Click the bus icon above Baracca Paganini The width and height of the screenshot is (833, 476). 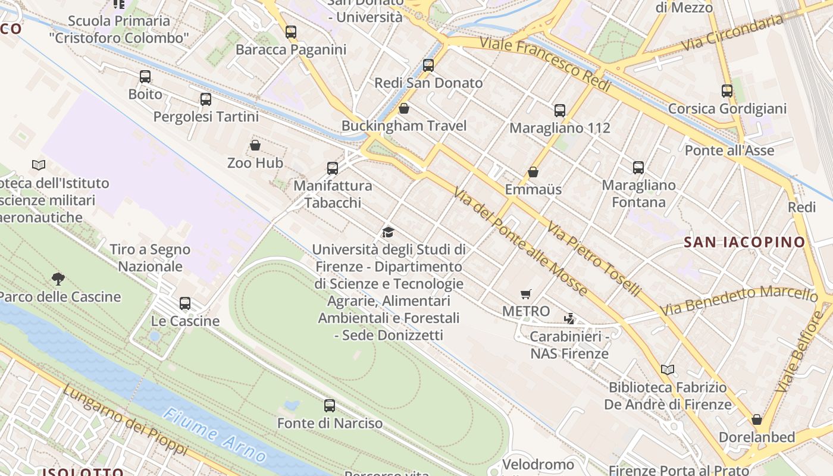pyautogui.click(x=290, y=32)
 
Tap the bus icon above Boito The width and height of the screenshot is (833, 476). pyautogui.click(x=145, y=77)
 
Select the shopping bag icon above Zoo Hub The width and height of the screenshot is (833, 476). pyautogui.click(x=255, y=145)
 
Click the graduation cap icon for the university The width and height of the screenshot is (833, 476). pyautogui.click(x=389, y=232)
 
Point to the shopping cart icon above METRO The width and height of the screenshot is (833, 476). pyautogui.click(x=525, y=294)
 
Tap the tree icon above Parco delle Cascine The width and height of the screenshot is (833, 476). pyautogui.click(x=58, y=278)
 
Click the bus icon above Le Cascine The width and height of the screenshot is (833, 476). pyautogui.click(x=185, y=303)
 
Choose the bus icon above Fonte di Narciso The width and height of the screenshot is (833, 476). pyautogui.click(x=330, y=406)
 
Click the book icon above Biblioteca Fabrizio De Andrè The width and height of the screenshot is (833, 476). pyautogui.click(x=668, y=370)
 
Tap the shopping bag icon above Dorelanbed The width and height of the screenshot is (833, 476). pyautogui.click(x=757, y=419)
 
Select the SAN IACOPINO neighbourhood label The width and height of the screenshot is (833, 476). pyautogui.click(x=744, y=242)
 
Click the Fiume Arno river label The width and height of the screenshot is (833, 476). pyautogui.click(x=215, y=435)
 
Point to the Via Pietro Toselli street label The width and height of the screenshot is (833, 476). pyautogui.click(x=593, y=260)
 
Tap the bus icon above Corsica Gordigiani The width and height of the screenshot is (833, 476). pyautogui.click(x=727, y=91)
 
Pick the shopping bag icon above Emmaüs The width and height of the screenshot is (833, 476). pyautogui.click(x=533, y=172)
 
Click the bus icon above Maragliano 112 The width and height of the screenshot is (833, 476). pyautogui.click(x=560, y=110)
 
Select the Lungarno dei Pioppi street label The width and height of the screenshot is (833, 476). pyautogui.click(x=124, y=420)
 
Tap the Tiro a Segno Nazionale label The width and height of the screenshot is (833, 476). pyautogui.click(x=150, y=258)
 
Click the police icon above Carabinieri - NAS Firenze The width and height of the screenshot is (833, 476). pyautogui.click(x=569, y=318)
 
